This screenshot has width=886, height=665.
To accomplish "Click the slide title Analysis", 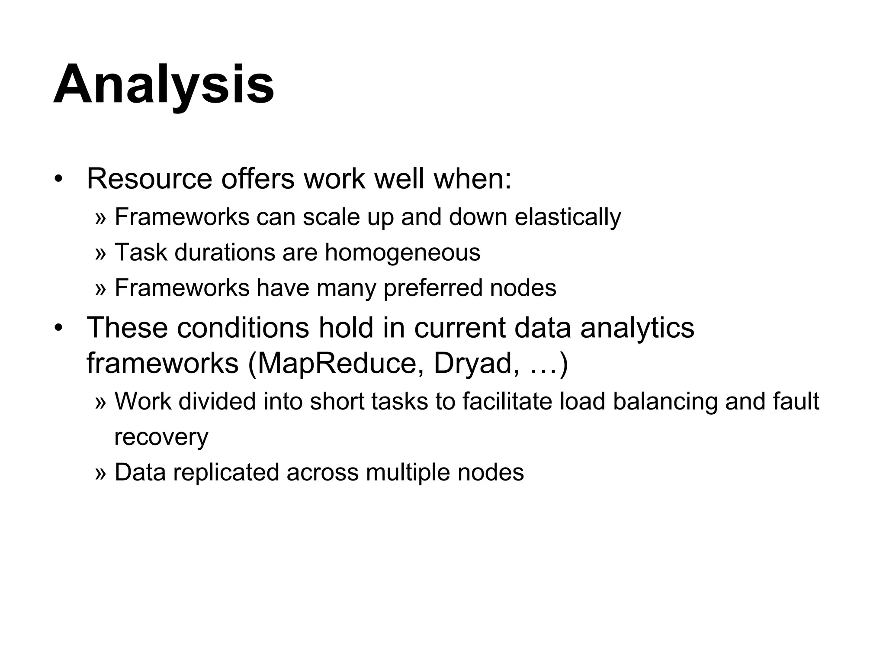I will [x=164, y=84].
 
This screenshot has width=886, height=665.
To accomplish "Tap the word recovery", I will [x=161, y=437].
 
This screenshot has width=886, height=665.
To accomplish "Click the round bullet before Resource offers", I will [x=59, y=179].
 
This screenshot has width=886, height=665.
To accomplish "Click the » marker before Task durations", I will [x=100, y=253].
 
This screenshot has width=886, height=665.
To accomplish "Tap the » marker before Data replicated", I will [x=100, y=473].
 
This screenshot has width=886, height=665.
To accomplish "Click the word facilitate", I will [x=507, y=401].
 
